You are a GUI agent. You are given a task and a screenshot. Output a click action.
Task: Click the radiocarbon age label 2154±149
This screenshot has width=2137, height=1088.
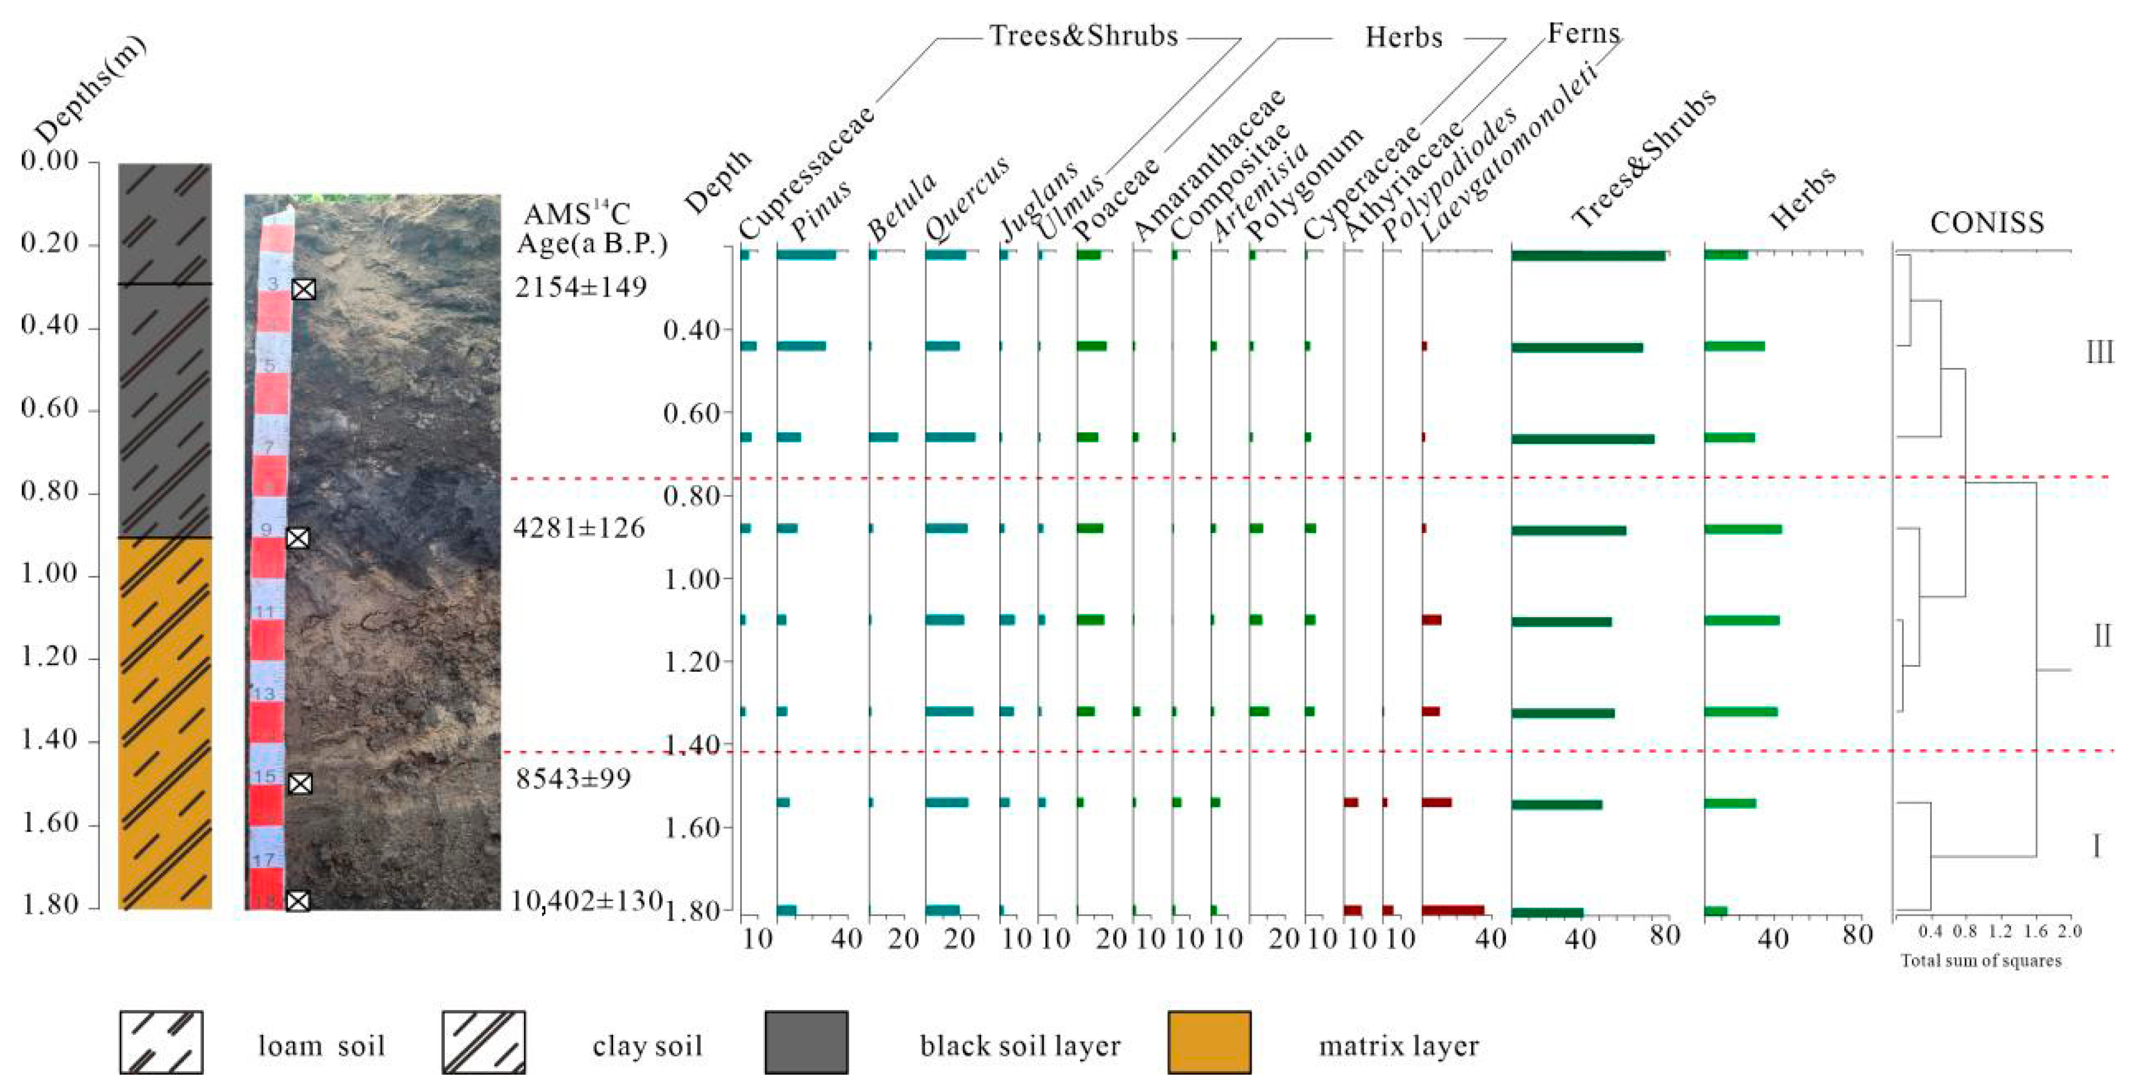580,287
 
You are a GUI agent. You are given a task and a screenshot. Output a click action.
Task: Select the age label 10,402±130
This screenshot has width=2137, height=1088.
586,900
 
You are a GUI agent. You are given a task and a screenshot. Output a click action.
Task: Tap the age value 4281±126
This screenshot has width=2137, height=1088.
578,528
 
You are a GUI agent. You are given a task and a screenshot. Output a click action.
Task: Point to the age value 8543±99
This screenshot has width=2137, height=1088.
573,779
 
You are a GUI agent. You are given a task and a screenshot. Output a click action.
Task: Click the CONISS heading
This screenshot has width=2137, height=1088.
1986,222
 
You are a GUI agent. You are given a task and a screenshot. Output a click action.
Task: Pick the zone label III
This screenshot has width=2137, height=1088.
2099,352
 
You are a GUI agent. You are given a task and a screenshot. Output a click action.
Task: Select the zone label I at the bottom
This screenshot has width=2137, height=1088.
2096,847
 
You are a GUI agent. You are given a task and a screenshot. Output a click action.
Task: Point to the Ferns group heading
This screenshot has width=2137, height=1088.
1583,33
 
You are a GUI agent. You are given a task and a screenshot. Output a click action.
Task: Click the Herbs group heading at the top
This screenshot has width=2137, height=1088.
1403,38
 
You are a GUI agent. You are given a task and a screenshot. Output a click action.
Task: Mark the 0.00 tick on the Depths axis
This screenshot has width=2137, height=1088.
50,161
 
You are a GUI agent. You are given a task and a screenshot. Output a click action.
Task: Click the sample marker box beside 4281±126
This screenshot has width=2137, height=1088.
298,538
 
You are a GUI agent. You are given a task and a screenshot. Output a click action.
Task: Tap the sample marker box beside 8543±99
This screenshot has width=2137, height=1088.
300,784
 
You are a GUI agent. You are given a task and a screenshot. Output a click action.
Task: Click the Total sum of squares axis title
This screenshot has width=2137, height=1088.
1980,960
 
